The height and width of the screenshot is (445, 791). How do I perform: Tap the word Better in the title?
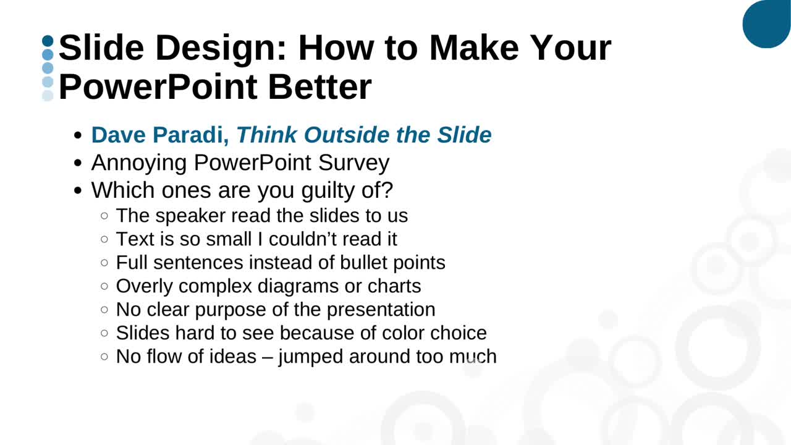[x=319, y=87]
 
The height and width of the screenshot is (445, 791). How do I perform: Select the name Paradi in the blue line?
[x=191, y=135]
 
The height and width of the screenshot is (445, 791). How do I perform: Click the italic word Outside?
[x=346, y=135]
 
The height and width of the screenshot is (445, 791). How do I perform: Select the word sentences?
[x=198, y=263]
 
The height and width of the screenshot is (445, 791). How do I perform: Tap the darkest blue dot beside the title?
[x=48, y=41]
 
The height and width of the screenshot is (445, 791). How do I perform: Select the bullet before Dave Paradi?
[x=78, y=135]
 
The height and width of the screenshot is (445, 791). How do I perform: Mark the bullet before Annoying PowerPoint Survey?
[x=78, y=163]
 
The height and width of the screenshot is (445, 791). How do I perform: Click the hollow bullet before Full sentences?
[x=104, y=263]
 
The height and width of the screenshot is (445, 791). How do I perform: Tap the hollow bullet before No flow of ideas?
[x=104, y=357]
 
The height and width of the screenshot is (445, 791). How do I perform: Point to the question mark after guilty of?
[x=387, y=190]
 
